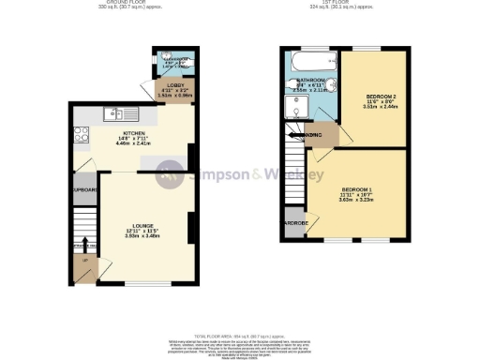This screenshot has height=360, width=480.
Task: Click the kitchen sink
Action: tap(112, 115)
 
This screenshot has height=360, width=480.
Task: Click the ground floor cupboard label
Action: tap(85, 188)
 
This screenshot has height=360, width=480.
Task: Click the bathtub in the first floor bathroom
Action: tap(308, 64)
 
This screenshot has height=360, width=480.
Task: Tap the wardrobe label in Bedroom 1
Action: tap(295, 223)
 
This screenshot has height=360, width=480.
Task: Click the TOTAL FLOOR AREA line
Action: tap(239, 335)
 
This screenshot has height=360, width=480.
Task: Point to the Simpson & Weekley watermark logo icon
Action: tap(170, 173)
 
